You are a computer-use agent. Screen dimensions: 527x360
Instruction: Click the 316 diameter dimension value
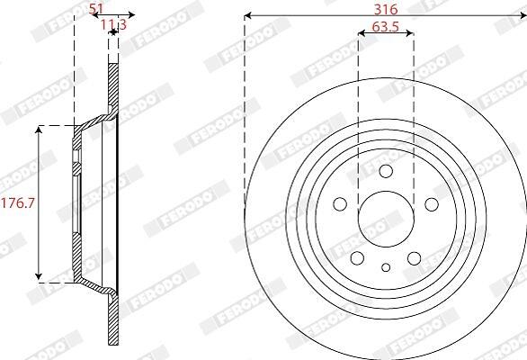coord(386,9)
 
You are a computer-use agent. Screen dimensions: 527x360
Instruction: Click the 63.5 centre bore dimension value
coord(386,27)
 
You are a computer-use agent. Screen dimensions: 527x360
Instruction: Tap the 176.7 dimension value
coord(18,203)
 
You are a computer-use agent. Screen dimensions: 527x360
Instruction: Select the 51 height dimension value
coord(96,9)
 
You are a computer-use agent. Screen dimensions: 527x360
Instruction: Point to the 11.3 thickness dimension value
coord(113,24)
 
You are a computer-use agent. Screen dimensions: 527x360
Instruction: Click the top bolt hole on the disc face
coord(386,171)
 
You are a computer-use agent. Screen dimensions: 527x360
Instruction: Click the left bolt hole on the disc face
coord(340,204)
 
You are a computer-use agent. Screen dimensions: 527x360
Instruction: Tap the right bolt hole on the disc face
coord(432,204)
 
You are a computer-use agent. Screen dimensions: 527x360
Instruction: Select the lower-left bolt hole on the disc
coord(357,258)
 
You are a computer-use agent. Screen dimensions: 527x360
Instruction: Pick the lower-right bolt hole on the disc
coord(414,258)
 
